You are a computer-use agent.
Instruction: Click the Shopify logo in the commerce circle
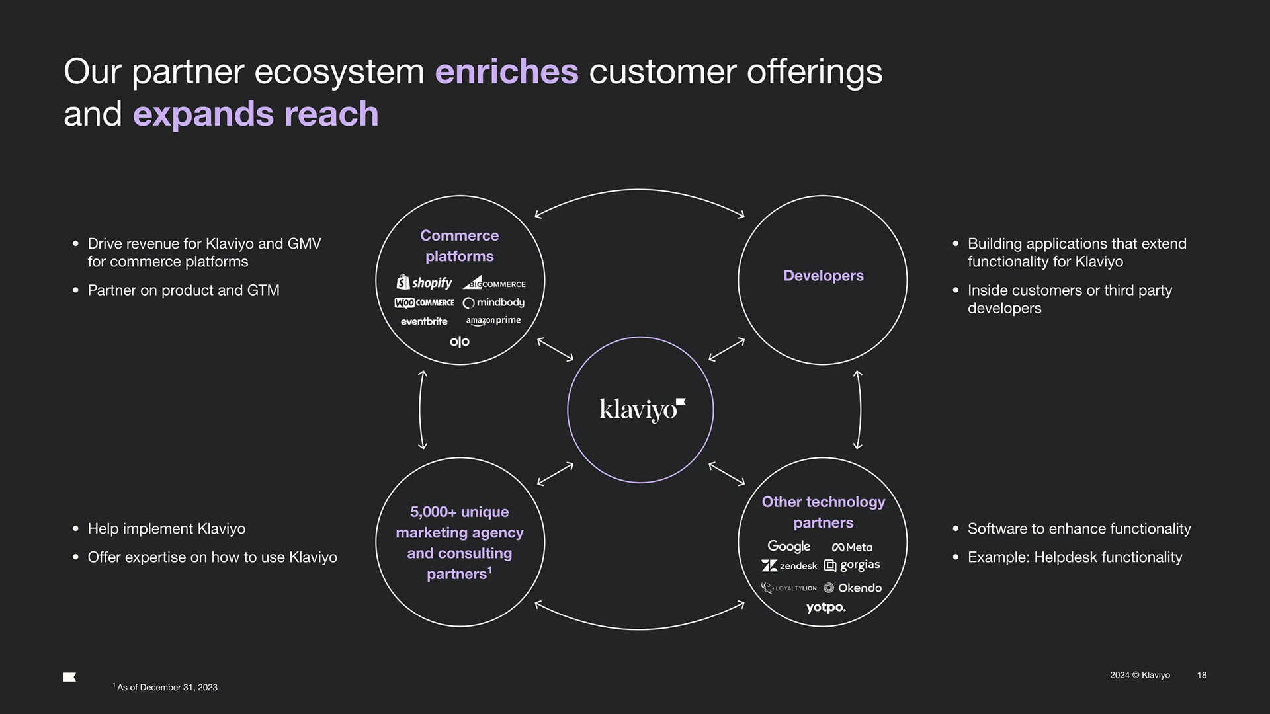[x=424, y=283]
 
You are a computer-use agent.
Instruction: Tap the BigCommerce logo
[x=494, y=284]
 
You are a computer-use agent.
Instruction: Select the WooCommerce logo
[x=424, y=303]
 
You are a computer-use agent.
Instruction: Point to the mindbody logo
[x=493, y=303]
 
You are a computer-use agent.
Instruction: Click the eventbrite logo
[x=424, y=321]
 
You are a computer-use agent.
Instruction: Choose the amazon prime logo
[x=493, y=321]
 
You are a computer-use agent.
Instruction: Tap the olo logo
[x=460, y=342]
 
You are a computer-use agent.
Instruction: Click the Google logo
[x=788, y=547]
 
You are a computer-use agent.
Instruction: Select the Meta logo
[x=852, y=547]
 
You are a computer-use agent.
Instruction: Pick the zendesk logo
[x=789, y=566]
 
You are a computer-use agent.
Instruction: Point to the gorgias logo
[x=852, y=565]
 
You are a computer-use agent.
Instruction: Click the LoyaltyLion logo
[x=789, y=588]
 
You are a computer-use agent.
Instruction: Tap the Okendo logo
[x=853, y=588]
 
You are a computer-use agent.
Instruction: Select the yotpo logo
[x=825, y=607]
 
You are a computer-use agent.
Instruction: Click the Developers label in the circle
[x=824, y=276]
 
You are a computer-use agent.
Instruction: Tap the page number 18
[x=1202, y=675]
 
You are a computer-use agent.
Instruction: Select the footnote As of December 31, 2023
[x=167, y=688]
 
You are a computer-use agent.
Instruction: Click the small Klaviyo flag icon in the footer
[x=70, y=677]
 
